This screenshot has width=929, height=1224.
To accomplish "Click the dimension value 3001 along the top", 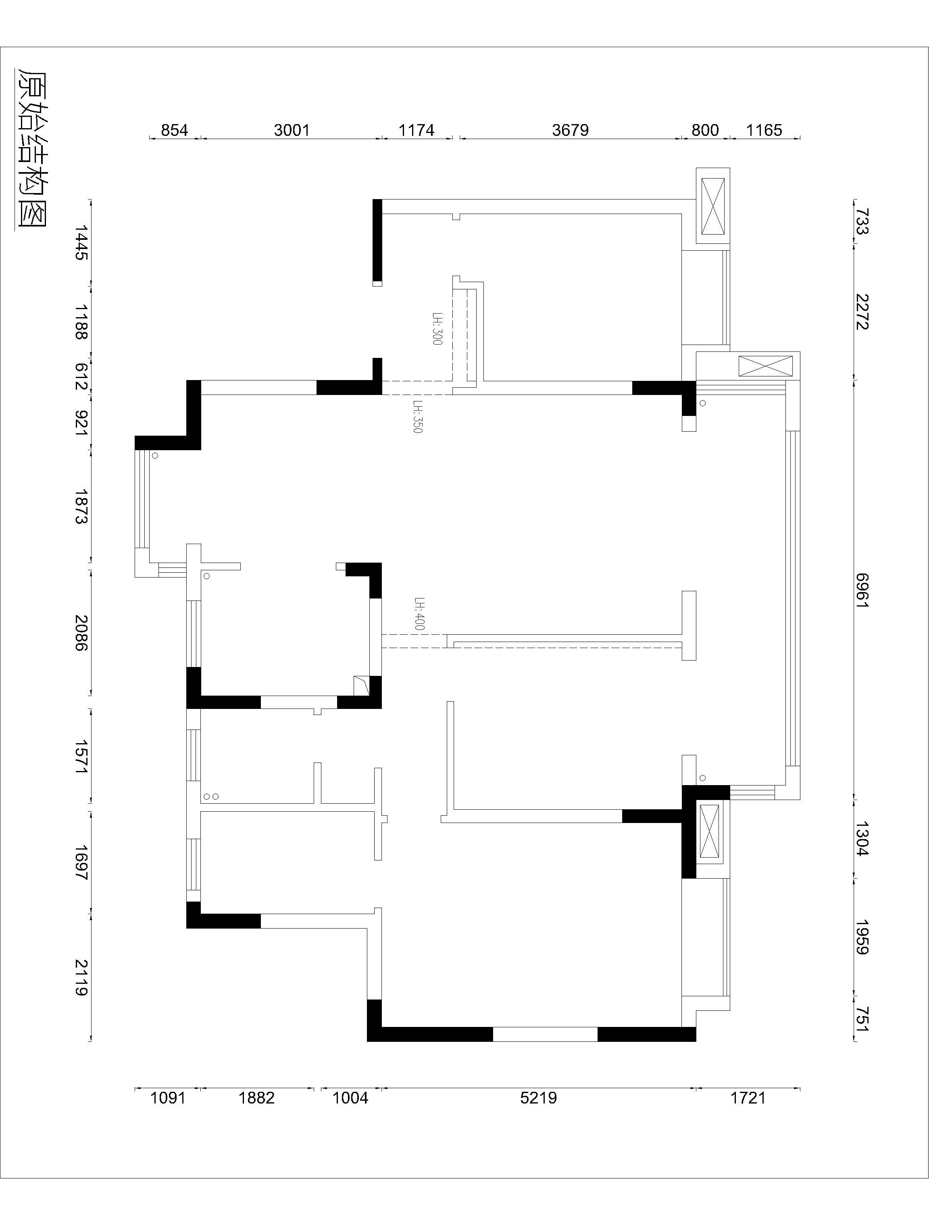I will click(292, 130).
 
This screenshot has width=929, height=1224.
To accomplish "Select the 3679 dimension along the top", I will click(570, 130).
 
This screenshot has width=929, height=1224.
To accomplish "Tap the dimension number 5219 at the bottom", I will click(538, 1109).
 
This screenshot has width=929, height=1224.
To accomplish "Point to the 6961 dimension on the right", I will click(862, 590).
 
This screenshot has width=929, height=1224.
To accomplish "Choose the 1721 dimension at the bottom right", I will click(748, 1109).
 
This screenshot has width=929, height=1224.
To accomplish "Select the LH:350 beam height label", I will click(418, 417).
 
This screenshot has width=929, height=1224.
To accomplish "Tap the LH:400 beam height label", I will click(419, 614).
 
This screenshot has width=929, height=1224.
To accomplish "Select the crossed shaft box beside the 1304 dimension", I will click(709, 831).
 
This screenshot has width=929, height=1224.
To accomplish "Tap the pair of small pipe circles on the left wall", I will click(210, 796).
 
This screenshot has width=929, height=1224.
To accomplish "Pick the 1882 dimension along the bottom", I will click(256, 1109).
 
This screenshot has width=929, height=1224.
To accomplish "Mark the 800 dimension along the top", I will click(705, 130).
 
